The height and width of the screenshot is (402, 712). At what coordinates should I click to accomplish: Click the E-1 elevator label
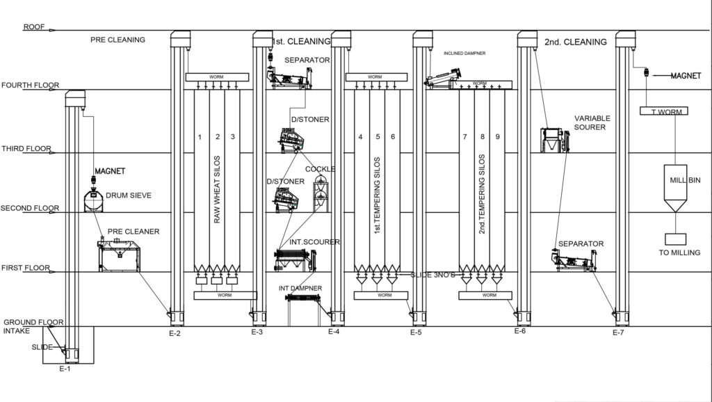64,368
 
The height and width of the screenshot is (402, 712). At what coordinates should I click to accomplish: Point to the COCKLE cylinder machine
319,190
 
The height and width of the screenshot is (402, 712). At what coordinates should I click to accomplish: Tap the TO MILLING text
679,252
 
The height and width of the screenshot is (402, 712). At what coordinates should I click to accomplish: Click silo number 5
378,136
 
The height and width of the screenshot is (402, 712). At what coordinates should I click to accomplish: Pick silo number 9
498,136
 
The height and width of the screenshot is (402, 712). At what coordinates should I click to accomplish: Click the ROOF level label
34,27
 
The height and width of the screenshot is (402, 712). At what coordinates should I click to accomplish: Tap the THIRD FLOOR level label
25,149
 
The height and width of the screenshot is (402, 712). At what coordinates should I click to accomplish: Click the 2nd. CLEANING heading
576,42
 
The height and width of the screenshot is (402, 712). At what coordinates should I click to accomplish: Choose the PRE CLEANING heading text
118,40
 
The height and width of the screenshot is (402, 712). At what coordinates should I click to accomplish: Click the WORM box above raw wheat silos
216,77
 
